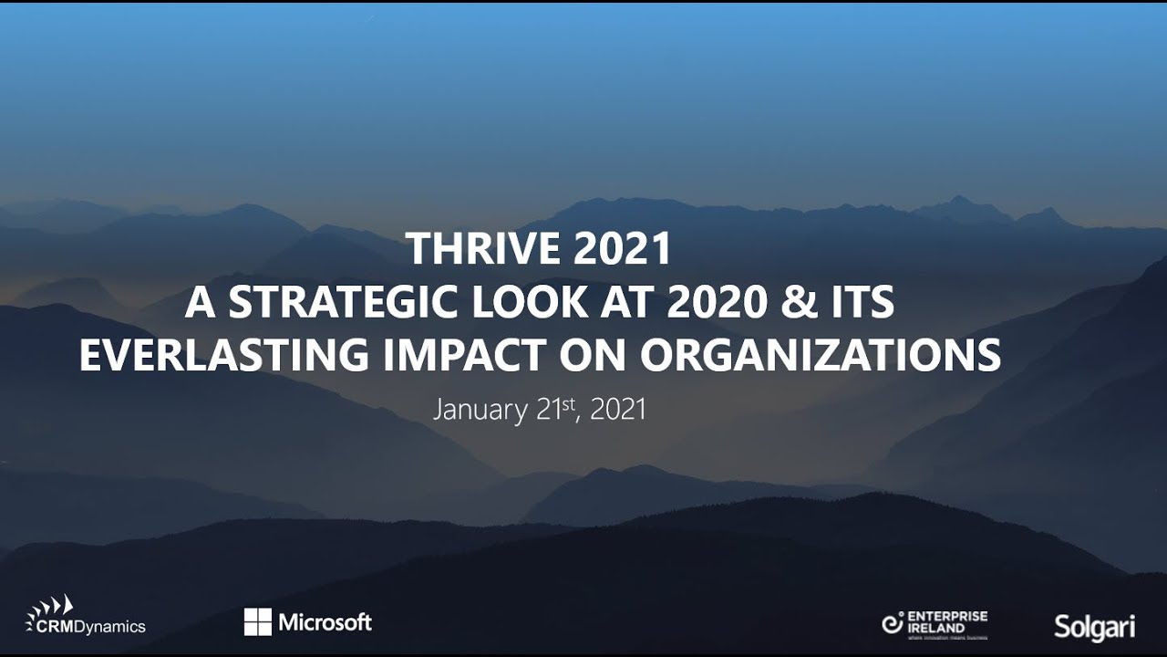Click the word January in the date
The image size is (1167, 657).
(x=480, y=410)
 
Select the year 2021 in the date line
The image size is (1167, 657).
(x=618, y=410)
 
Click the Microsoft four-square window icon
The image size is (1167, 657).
(x=258, y=622)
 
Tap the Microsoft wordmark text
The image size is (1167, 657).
(x=325, y=622)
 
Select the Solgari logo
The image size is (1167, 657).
(x=1094, y=626)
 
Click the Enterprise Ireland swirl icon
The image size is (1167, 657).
(x=893, y=623)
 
